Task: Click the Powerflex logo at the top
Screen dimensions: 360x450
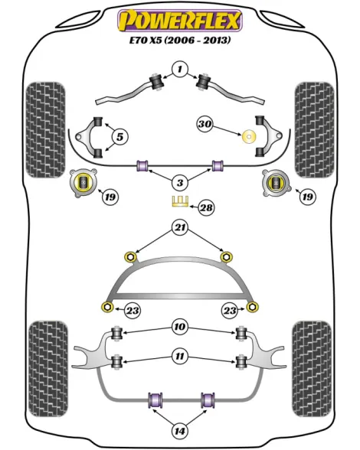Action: point(180,20)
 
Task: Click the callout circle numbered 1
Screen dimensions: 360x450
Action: point(180,69)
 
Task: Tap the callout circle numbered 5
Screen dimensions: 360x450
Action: point(119,137)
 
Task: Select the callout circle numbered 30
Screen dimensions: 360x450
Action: point(205,124)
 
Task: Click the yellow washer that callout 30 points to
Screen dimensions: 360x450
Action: point(249,137)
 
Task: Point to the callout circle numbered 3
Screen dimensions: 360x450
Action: point(180,182)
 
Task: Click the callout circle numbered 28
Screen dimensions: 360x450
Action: point(206,207)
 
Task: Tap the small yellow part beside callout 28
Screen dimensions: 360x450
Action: point(180,201)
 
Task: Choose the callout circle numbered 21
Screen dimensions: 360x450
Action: point(180,227)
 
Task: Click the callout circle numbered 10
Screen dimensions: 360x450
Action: point(180,327)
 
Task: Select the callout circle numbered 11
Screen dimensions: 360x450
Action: point(180,357)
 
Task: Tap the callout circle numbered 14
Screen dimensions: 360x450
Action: point(180,431)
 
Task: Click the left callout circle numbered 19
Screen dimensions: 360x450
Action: point(110,197)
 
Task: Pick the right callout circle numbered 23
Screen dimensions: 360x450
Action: point(230,310)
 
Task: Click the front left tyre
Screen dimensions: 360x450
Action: point(45,130)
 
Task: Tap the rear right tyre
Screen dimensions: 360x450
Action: point(312,370)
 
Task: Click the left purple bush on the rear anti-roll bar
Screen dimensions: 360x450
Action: point(155,400)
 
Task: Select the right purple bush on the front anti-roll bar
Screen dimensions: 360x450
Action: point(218,165)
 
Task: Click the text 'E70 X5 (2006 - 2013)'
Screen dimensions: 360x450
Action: point(180,40)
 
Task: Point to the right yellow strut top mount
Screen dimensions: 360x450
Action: point(277,184)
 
